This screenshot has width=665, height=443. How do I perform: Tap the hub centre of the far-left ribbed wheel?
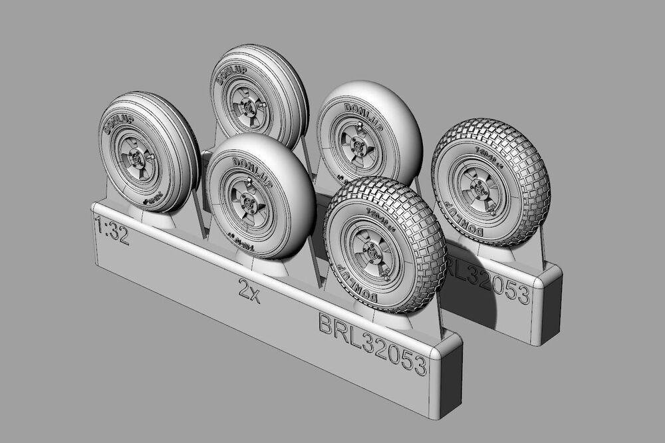point(138,158)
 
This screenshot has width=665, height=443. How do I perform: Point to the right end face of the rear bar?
point(552,303)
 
